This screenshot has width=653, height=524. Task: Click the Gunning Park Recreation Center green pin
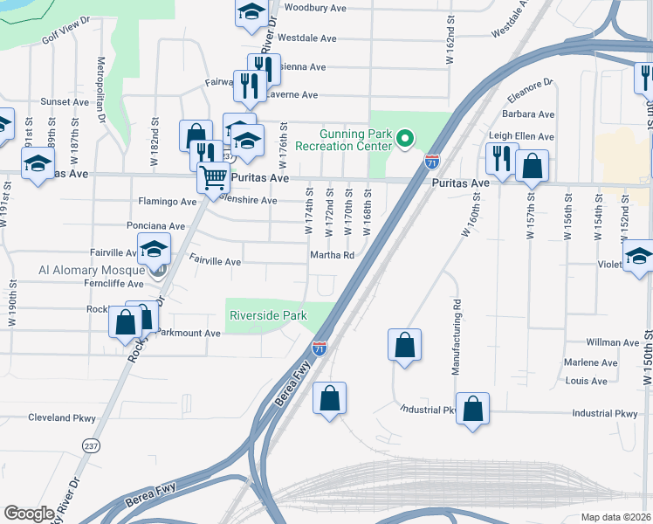(x=404, y=138)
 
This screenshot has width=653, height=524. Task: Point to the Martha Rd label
(x=331, y=255)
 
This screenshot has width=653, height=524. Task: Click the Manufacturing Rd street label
(x=456, y=337)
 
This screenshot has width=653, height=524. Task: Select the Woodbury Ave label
(x=315, y=8)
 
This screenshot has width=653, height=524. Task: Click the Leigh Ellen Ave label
(x=521, y=136)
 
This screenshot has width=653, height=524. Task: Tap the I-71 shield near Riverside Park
(x=320, y=348)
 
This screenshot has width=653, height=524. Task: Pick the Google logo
(x=29, y=514)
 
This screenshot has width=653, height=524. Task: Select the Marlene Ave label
(x=591, y=362)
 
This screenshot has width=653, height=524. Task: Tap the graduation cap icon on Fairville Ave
(x=155, y=250)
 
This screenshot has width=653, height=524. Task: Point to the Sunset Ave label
(x=65, y=101)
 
